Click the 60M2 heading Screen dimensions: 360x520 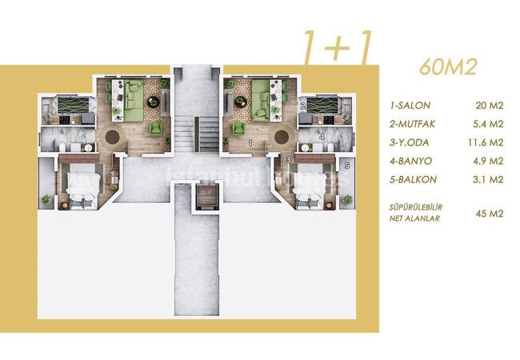448,66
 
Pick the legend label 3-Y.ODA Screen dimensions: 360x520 410,143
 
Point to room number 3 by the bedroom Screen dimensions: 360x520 287,160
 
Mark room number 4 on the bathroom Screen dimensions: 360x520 321,137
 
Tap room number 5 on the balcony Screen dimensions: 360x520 346,166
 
